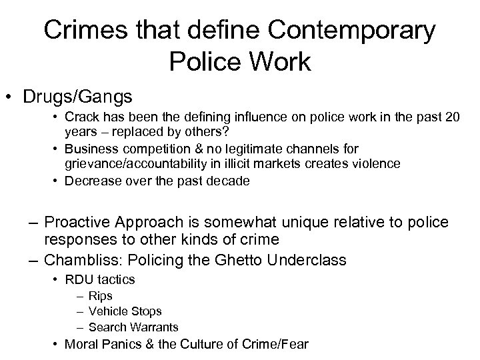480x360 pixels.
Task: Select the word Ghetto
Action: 251,260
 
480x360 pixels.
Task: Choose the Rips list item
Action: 101,295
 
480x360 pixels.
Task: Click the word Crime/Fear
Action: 272,344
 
